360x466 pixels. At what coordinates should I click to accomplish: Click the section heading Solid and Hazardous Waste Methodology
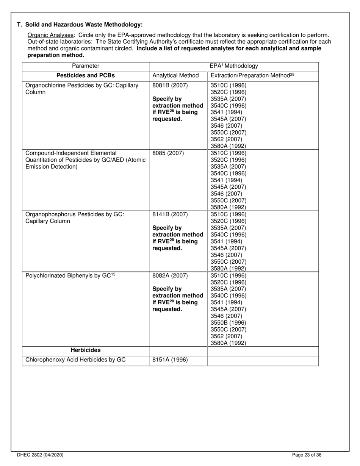coord(80,25)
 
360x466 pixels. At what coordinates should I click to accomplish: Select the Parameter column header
coord(86,66)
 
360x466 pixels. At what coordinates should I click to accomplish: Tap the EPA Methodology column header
coord(234,66)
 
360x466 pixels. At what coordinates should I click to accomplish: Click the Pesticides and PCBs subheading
coord(86,75)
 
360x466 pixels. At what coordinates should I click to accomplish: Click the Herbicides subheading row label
coord(86,350)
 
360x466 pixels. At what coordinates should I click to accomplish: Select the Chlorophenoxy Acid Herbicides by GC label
coord(75,360)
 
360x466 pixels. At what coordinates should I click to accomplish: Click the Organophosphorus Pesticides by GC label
coord(75,217)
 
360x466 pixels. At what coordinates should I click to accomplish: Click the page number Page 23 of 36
coord(307,455)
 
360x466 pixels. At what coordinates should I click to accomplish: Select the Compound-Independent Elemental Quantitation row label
coord(85,160)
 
